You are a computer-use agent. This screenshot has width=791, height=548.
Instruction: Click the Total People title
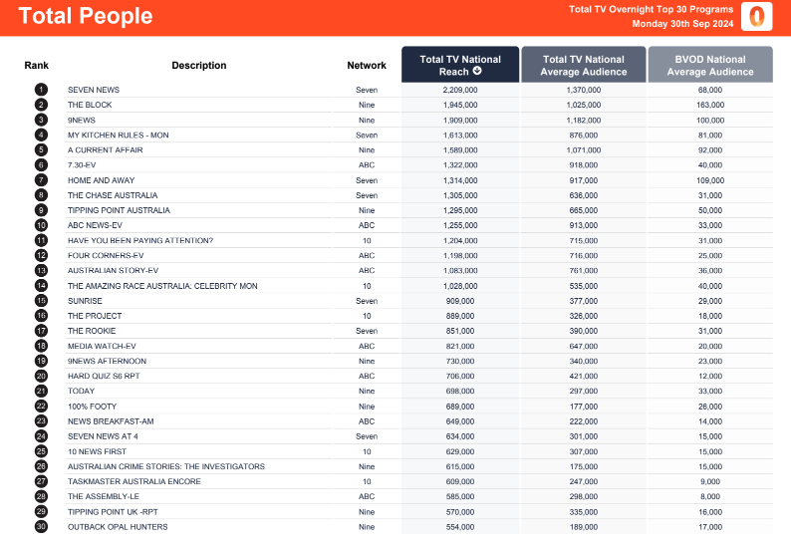click(x=86, y=16)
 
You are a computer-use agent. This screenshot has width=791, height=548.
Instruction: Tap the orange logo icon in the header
click(x=756, y=16)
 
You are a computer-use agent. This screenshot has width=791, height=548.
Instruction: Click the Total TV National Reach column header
click(x=460, y=65)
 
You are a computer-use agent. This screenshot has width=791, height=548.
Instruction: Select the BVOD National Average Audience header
click(x=710, y=65)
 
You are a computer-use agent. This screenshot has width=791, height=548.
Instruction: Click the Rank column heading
click(x=36, y=65)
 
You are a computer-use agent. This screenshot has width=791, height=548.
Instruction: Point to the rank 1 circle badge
click(x=41, y=90)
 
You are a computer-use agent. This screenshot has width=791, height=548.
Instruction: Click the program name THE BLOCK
click(x=90, y=105)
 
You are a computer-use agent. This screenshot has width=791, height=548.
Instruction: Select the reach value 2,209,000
click(x=460, y=90)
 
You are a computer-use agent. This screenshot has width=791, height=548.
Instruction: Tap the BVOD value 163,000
click(x=710, y=105)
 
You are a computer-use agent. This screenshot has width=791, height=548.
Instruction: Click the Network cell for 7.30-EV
click(x=367, y=165)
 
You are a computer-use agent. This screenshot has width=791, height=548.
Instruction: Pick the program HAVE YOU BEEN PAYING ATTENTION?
click(x=140, y=241)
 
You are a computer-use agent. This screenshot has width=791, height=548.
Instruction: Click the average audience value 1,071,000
click(x=584, y=149)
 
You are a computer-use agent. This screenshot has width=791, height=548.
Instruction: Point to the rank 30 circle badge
click(x=41, y=527)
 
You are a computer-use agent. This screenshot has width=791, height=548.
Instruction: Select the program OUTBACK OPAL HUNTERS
click(x=118, y=527)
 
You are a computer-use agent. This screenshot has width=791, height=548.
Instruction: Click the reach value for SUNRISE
click(x=460, y=301)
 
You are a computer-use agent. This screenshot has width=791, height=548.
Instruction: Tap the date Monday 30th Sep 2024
click(x=682, y=24)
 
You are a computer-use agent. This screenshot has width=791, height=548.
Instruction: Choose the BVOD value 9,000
click(x=710, y=481)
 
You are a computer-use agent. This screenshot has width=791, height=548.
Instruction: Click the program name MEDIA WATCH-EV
click(x=102, y=346)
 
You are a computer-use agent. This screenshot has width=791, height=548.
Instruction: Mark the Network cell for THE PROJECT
click(x=367, y=316)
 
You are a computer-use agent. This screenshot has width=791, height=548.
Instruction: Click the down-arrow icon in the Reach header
click(x=477, y=71)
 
